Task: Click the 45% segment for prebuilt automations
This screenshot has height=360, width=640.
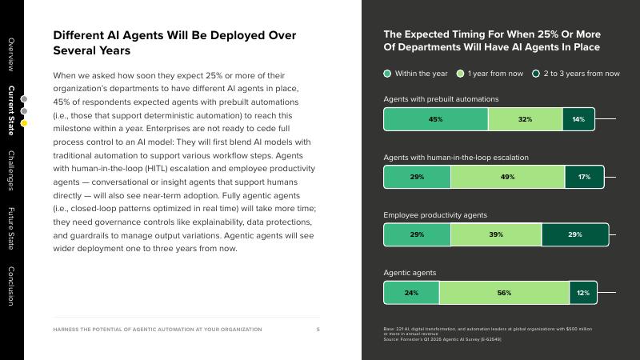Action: point(435,119)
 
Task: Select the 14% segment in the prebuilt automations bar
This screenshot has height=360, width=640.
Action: point(578,119)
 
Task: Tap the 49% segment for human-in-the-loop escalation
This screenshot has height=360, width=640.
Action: point(507,177)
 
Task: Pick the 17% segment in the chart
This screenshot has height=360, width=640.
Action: point(584,177)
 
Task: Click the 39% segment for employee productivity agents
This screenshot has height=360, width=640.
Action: point(496,235)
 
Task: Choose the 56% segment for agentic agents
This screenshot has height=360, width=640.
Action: point(504,293)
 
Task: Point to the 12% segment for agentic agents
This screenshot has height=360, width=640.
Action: point(583,293)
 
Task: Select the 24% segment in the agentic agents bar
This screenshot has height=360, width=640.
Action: point(411,293)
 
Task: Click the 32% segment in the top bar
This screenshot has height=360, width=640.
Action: point(525,119)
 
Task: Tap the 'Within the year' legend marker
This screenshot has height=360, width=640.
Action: point(388,74)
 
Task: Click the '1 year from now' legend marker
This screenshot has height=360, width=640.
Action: point(460,74)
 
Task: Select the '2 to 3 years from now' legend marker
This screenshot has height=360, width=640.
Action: point(536,74)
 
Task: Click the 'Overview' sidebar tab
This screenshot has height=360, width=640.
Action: point(11,54)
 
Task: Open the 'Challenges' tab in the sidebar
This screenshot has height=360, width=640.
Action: point(11,170)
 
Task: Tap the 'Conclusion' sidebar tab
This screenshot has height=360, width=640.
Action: point(11,286)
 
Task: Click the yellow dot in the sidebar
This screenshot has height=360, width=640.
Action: point(24,123)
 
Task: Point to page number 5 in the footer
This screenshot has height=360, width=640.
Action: point(318,330)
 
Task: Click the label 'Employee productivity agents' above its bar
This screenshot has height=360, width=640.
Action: point(434,215)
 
